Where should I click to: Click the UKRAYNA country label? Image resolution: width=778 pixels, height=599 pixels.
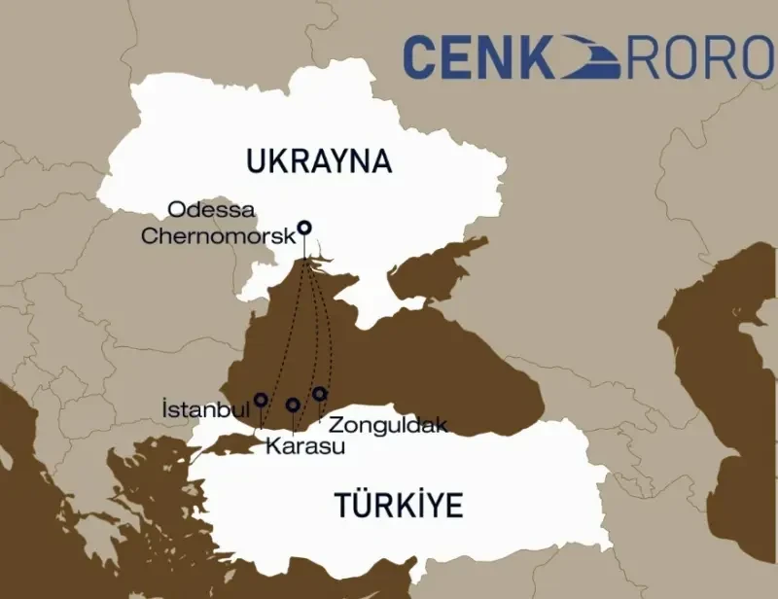(319, 161)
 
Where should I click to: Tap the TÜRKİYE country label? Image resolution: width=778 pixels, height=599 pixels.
(399, 507)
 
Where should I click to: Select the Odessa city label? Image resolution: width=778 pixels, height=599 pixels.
(211, 210)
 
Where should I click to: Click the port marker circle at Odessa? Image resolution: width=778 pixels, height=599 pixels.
(304, 228)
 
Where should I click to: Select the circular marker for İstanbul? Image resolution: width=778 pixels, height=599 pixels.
(261, 400)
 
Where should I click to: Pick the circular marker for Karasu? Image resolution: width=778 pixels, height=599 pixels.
(293, 405)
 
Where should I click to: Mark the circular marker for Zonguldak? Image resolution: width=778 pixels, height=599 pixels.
(319, 394)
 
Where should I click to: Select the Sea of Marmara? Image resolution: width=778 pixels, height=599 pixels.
(233, 443)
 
